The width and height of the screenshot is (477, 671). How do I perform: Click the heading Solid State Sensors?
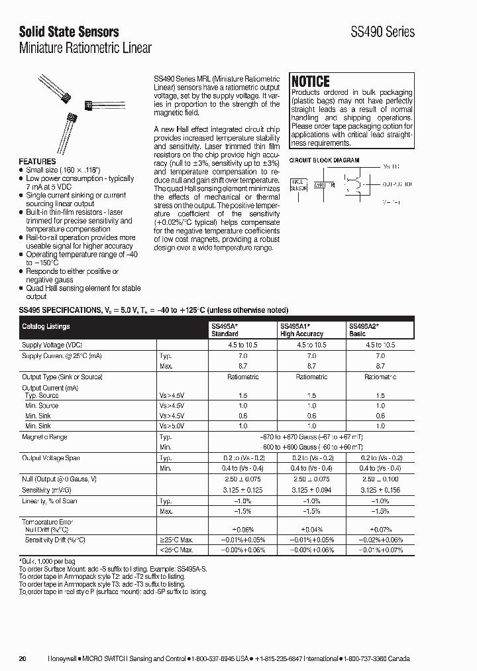[x=69, y=31]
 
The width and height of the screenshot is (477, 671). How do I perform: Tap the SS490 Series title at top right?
[x=382, y=32]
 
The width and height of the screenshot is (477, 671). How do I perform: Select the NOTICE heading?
[x=311, y=81]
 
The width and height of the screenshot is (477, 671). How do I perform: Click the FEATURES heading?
[x=37, y=161]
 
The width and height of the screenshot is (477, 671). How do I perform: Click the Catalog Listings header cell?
[x=46, y=326]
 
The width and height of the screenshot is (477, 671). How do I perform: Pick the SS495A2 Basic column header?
[x=364, y=330]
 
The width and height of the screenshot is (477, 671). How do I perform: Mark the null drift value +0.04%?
[x=311, y=530]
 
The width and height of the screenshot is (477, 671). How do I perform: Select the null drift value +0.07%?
[x=380, y=530]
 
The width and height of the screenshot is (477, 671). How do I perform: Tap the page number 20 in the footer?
[x=23, y=658]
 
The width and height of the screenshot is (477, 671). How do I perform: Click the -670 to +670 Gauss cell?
[x=311, y=438]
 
